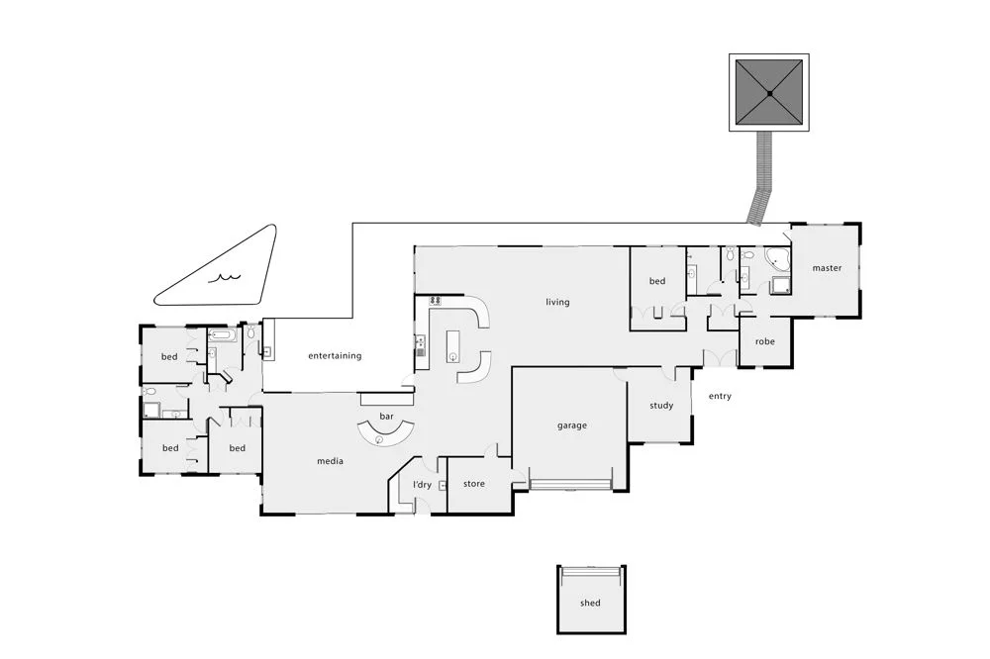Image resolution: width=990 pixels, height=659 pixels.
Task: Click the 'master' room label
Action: pos(827,268)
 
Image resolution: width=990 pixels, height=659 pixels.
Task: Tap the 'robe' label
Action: pos(765,341)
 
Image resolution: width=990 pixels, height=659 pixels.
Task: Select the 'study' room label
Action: pos(661,406)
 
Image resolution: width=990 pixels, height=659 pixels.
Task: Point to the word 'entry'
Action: pos(720,397)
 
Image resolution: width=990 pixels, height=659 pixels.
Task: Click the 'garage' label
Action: pos(571,425)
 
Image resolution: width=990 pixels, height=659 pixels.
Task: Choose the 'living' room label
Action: pos(557,302)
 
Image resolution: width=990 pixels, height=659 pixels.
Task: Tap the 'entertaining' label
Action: pos(335,355)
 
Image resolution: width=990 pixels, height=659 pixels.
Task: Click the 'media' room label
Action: pos(330,459)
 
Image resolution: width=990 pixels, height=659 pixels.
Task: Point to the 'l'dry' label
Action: pos(422,484)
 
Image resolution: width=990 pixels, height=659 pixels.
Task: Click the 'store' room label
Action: pos(474,484)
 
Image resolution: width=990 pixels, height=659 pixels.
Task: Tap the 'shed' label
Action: pos(590,603)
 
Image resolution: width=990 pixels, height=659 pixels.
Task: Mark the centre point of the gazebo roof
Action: pos(770,93)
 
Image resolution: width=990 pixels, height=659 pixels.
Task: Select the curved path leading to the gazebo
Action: pos(762,178)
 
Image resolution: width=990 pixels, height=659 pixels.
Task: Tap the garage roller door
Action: pos(571,485)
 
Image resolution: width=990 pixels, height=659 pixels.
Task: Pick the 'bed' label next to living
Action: pos(657,281)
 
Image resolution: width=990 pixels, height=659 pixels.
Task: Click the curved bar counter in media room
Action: pos(382,435)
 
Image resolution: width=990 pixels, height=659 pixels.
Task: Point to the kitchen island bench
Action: pos(454,343)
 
